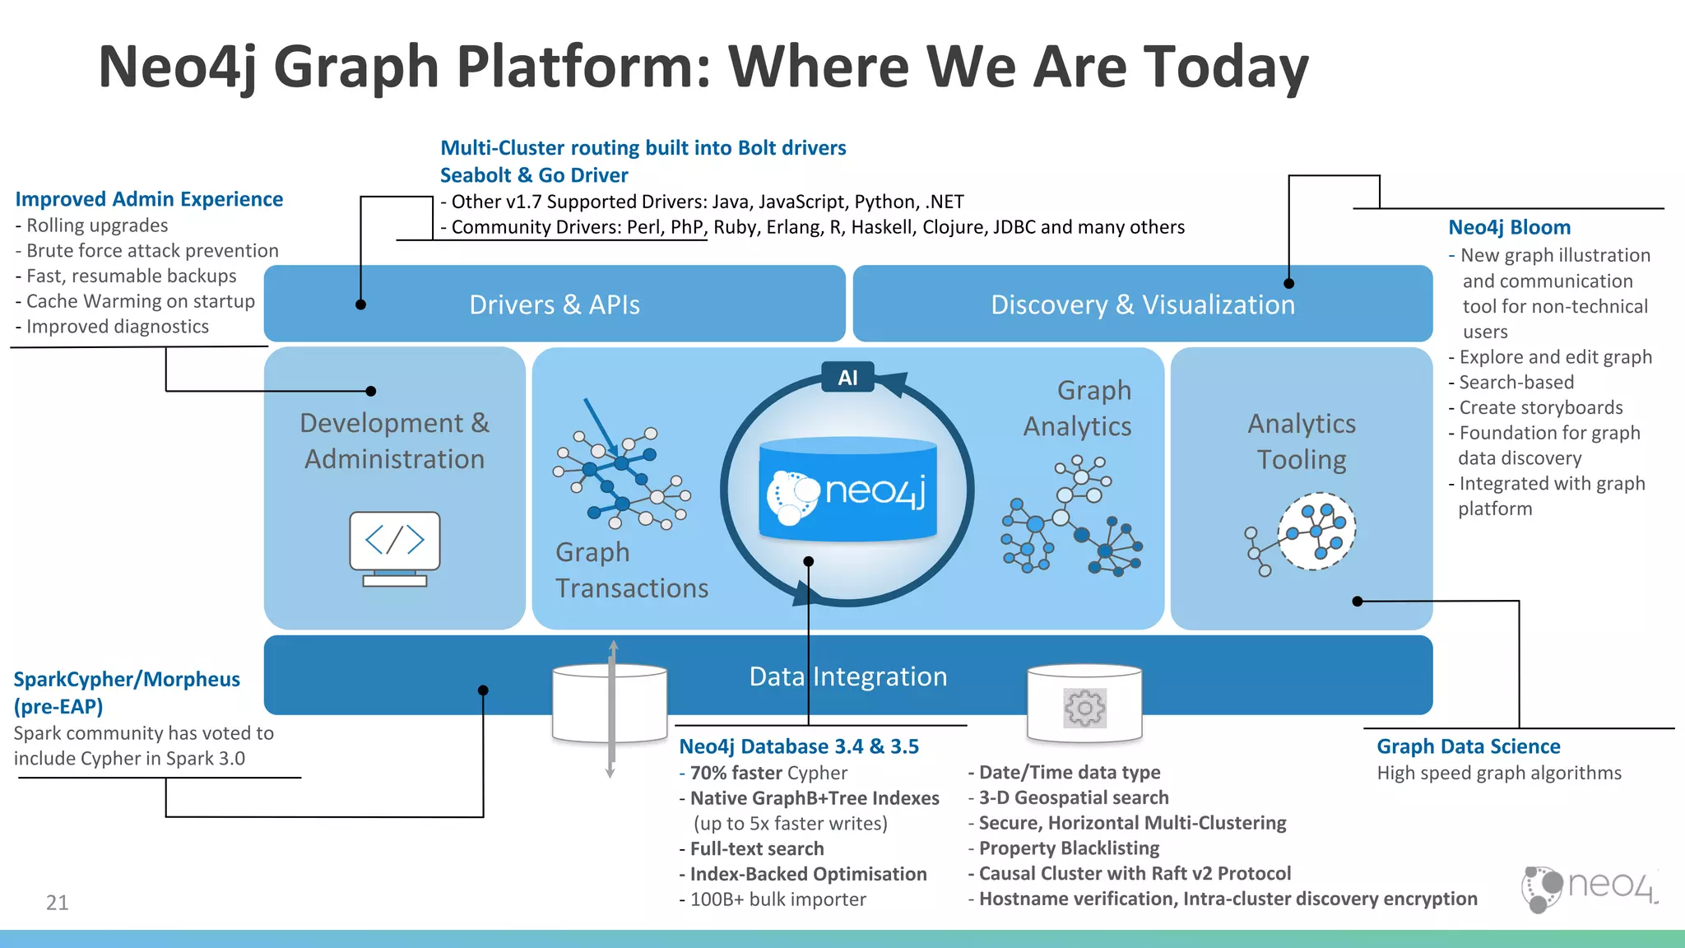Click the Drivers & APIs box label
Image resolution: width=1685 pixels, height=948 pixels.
click(555, 304)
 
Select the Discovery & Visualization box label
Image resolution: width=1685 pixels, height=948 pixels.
click(1142, 304)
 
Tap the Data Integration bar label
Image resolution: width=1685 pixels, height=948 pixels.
click(847, 676)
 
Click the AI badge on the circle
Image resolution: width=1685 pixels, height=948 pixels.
click(847, 378)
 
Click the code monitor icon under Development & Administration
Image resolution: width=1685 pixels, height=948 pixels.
click(395, 546)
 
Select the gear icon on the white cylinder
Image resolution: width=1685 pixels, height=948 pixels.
click(1084, 708)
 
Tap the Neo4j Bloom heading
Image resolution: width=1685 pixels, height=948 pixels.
click(1509, 227)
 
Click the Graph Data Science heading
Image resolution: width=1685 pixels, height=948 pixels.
click(1468, 746)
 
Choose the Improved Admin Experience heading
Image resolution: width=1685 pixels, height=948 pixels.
click(149, 199)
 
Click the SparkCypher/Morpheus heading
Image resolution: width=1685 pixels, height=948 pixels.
click(127, 680)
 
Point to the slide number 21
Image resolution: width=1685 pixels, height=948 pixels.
click(57, 903)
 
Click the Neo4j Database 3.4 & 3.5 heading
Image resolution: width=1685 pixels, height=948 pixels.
click(798, 746)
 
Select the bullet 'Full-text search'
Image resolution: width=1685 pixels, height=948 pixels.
click(756, 848)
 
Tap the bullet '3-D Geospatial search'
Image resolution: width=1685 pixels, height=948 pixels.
click(1073, 797)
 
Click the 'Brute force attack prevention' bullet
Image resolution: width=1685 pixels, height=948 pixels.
click(151, 250)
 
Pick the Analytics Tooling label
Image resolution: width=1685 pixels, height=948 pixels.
click(1302, 441)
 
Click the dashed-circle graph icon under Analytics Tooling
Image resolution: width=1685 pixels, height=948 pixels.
click(1316, 532)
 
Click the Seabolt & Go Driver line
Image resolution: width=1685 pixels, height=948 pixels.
click(534, 175)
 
